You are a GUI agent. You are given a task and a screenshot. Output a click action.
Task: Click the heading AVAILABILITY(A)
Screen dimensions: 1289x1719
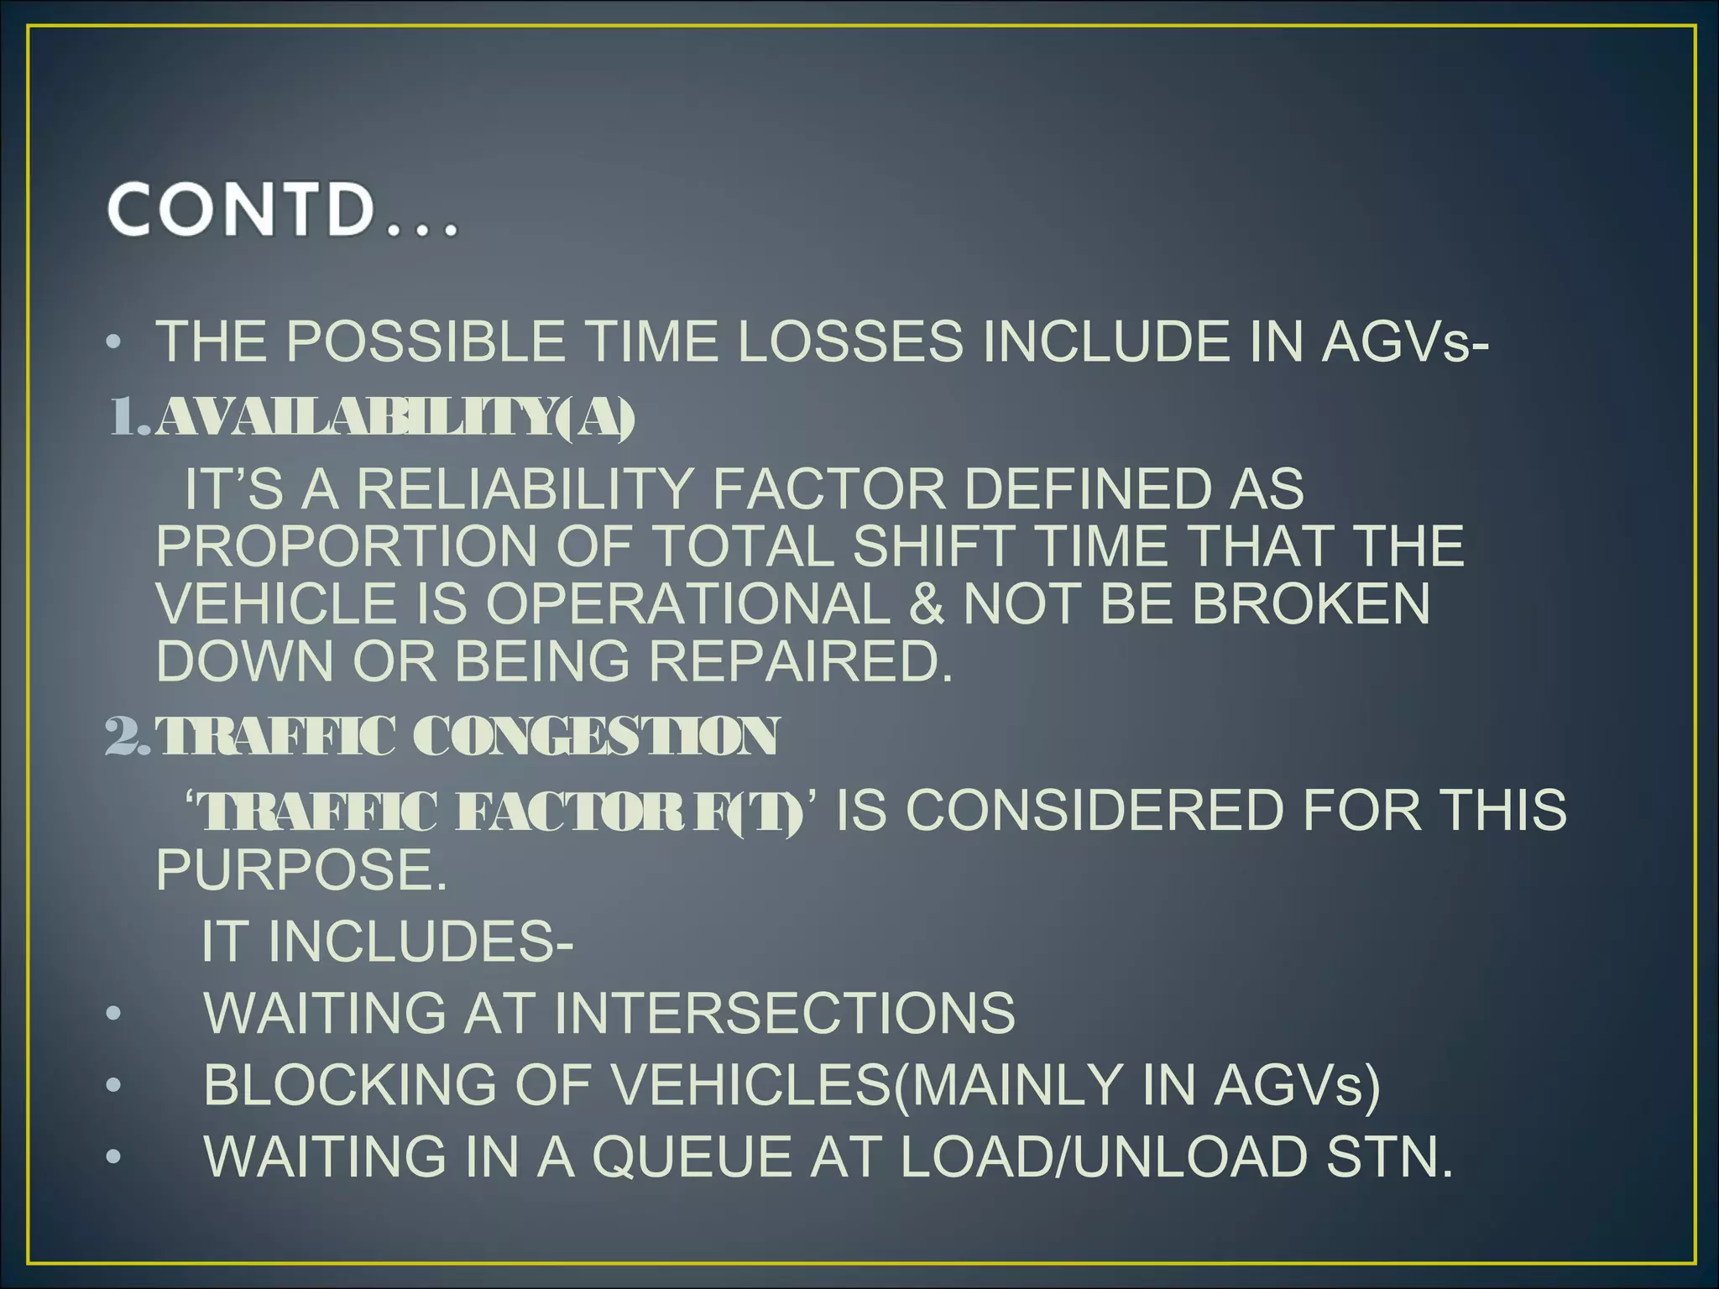[x=394, y=417]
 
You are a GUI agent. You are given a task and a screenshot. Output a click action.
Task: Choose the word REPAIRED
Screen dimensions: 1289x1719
[x=801, y=661]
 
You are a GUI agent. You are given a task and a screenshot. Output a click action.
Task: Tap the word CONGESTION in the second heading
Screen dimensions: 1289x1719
[x=597, y=736]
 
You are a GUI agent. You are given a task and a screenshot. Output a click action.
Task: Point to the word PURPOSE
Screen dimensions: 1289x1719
[x=301, y=869]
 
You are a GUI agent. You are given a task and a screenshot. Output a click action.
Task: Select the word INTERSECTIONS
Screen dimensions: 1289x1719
[x=784, y=1012]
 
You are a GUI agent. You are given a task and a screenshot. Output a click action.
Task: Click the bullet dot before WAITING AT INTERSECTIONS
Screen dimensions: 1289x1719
[x=114, y=1014]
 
